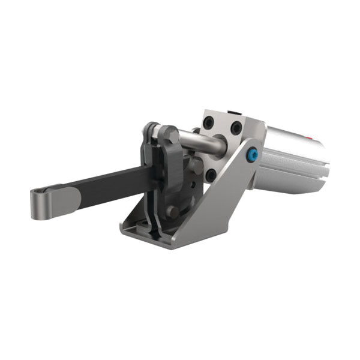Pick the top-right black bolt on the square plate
tap(237, 128)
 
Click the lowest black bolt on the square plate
tap(211, 175)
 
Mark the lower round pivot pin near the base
tap(173, 211)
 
